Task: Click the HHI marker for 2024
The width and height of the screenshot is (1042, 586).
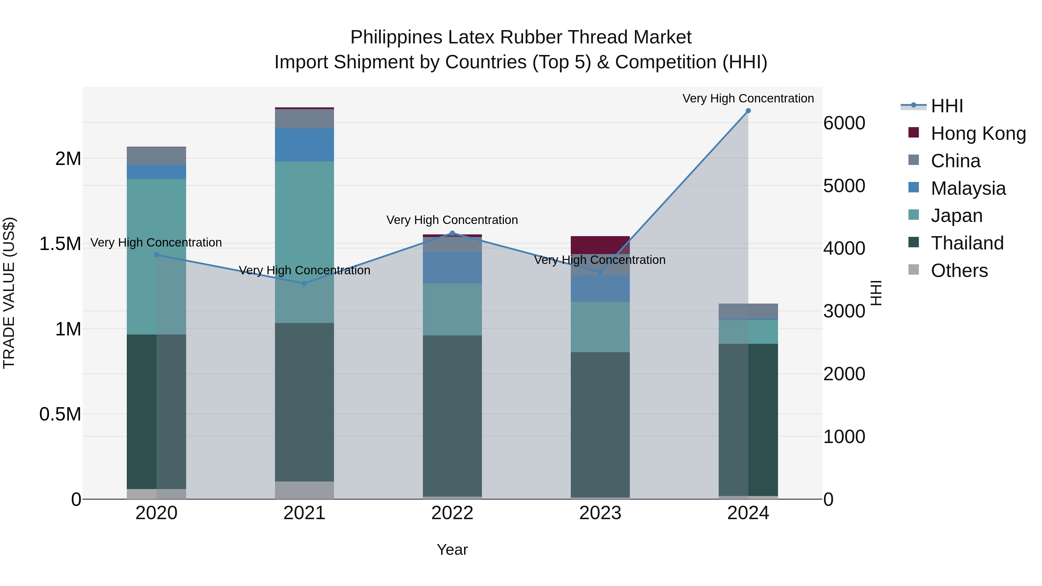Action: (x=748, y=111)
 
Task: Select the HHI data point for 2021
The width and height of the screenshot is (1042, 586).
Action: (x=304, y=284)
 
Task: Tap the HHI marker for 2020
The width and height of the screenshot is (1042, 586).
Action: (x=157, y=255)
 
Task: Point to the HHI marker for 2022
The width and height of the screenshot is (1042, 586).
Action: (x=452, y=233)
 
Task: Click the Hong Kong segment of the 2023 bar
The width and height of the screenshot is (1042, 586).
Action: (x=600, y=245)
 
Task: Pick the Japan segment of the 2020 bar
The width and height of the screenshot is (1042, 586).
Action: (x=157, y=256)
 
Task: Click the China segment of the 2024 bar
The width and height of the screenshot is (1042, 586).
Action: (x=748, y=311)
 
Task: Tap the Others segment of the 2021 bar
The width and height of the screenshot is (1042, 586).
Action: (x=304, y=490)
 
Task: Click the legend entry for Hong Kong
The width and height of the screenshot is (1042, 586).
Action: (x=978, y=133)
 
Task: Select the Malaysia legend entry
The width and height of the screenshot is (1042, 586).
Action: (x=968, y=188)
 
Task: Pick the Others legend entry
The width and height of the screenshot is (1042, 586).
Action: (x=959, y=271)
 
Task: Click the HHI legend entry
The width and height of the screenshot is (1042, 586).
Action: (x=946, y=106)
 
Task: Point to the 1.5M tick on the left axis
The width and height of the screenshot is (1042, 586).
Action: (x=60, y=244)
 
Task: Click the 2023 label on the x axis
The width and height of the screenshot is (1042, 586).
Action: (x=600, y=513)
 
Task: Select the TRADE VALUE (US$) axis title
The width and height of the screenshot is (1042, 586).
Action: (x=9, y=293)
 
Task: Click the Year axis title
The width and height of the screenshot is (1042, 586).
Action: (x=452, y=550)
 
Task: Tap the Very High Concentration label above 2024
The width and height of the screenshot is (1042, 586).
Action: (x=748, y=98)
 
